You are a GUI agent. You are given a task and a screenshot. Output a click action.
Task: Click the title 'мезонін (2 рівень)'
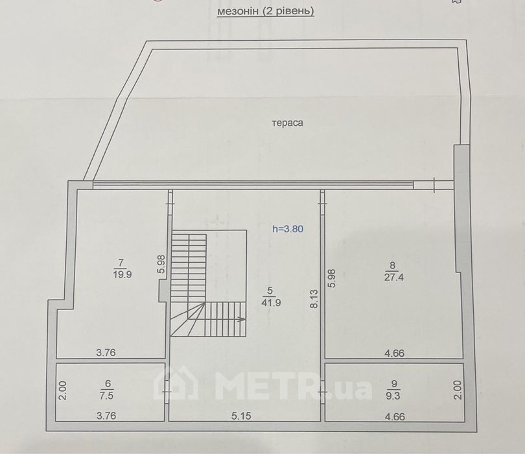pos(266,12)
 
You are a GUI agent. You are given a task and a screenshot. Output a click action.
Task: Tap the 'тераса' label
pos(287,123)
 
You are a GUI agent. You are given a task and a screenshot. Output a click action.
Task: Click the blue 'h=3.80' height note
pos(288,229)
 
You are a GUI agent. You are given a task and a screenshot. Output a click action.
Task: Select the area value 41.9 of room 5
pos(271,303)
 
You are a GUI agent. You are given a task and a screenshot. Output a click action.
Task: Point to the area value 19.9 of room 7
pos(122,274)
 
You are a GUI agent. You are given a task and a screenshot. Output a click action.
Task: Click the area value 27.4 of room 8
pos(394,278)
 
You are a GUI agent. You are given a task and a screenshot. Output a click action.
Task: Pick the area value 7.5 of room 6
pos(106,396)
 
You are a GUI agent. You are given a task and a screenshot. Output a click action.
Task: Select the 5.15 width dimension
pos(241,416)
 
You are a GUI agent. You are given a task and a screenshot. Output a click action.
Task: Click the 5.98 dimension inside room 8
pos(332,278)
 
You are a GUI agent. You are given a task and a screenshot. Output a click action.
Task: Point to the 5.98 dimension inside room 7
pos(161,265)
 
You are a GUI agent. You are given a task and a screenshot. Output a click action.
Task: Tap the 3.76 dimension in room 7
pos(106,352)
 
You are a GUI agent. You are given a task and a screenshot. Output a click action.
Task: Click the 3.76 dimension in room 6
pos(106,416)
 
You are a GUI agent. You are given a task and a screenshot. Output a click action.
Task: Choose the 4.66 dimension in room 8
pos(395,353)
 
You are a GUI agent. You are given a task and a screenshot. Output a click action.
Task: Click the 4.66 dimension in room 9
pos(395,417)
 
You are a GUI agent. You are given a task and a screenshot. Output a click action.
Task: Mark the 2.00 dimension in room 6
pos(64,390)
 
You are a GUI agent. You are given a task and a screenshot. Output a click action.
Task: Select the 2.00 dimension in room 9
pos(458,390)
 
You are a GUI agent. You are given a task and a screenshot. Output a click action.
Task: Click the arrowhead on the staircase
pos(242,319)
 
